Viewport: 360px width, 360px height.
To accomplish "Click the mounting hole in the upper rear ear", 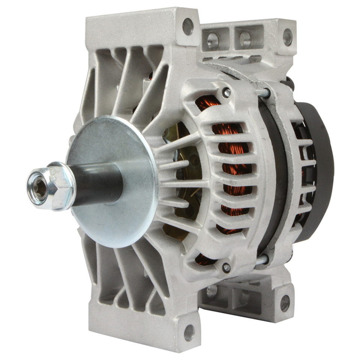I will [x=288, y=37].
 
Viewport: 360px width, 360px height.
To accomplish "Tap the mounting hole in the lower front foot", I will [x=189, y=332].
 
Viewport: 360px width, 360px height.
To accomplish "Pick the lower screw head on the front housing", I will [x=226, y=267].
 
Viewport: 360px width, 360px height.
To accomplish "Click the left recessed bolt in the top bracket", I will [x=213, y=39].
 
